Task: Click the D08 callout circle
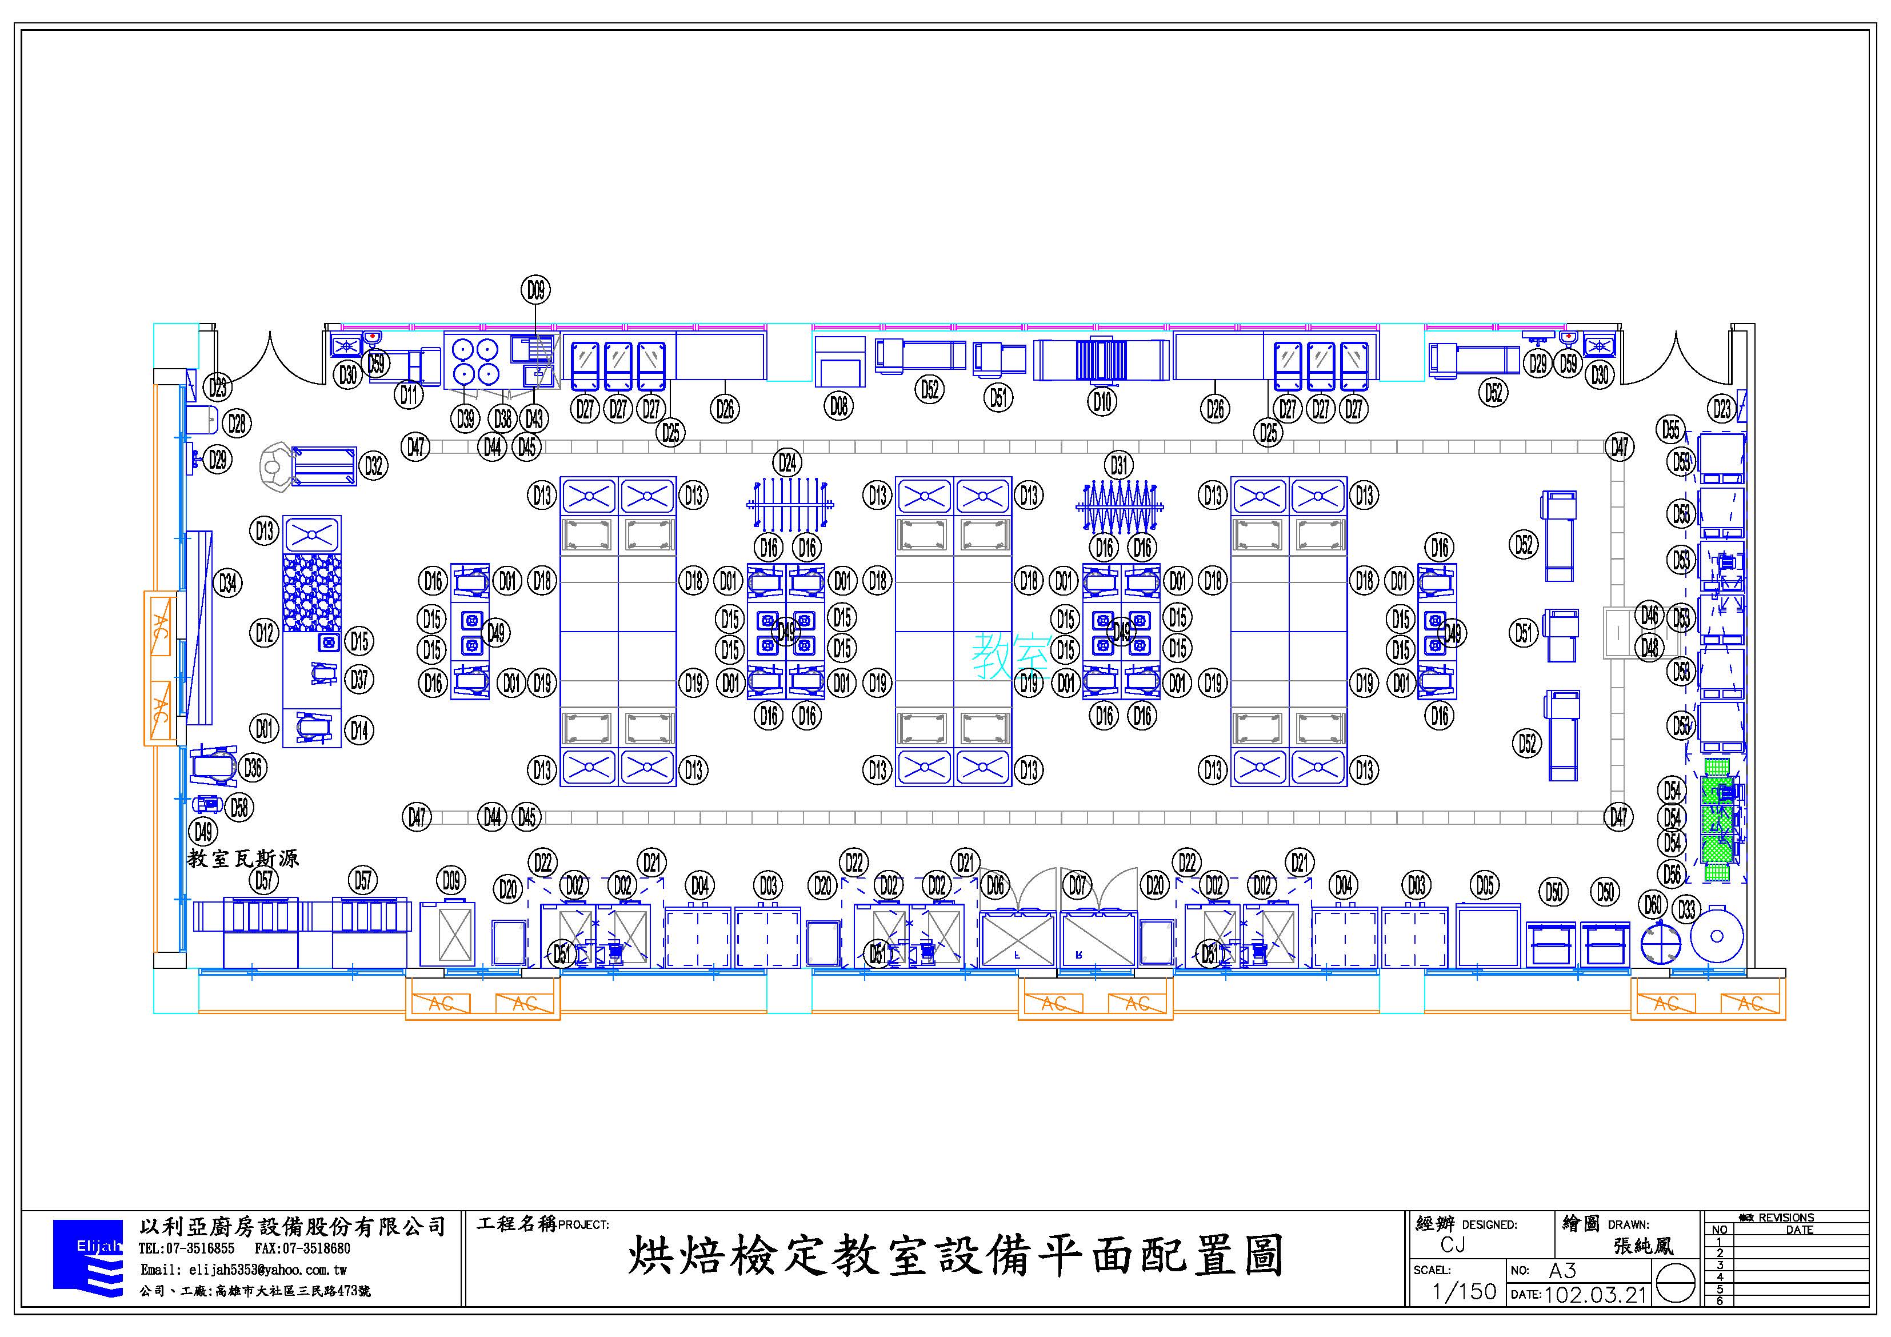(838, 405)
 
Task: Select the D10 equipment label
(1102, 401)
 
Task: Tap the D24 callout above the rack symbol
(787, 462)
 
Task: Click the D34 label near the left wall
(227, 583)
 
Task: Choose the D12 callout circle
(263, 633)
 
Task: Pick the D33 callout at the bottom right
(1687, 909)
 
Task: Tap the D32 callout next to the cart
(374, 466)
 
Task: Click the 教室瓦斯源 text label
(243, 859)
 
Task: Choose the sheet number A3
(1562, 1270)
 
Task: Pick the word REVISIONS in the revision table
(1786, 1218)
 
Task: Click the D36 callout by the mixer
(253, 768)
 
